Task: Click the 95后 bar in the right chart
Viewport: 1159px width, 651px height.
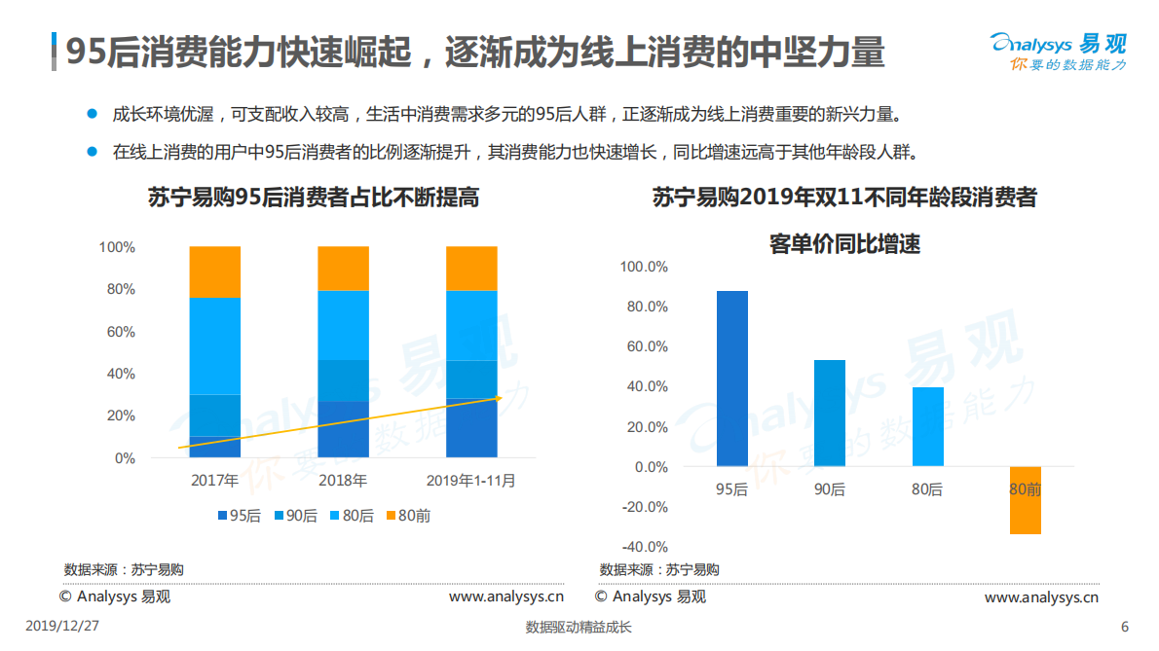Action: click(732, 379)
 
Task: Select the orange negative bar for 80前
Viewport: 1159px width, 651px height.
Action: click(1025, 500)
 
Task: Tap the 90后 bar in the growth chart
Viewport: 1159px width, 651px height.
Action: click(830, 413)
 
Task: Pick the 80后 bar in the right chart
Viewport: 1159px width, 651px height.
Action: click(927, 426)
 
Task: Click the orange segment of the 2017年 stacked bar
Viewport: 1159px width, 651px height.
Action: click(214, 271)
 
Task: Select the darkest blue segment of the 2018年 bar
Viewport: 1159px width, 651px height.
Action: click(343, 429)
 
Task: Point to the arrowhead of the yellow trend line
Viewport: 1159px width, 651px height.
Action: click(497, 397)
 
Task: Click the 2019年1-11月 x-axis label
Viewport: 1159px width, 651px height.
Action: click(471, 480)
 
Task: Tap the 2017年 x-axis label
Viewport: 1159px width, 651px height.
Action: click(214, 480)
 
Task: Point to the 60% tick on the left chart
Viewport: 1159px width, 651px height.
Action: click(120, 332)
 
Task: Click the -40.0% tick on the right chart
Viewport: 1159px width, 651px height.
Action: click(644, 547)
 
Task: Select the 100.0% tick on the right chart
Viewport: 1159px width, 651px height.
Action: click(644, 267)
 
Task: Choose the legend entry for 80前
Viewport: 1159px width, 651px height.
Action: click(407, 516)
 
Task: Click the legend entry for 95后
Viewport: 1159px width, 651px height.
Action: click(238, 516)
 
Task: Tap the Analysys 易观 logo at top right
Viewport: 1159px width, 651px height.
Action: click(1058, 51)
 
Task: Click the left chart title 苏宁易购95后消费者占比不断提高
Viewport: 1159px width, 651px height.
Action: click(313, 198)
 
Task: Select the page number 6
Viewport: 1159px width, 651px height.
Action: click(1125, 627)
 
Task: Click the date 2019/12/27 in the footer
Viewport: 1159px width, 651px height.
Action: click(61, 627)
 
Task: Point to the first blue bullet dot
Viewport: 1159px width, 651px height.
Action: click(93, 114)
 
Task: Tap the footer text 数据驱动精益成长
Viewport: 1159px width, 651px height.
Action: click(579, 628)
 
